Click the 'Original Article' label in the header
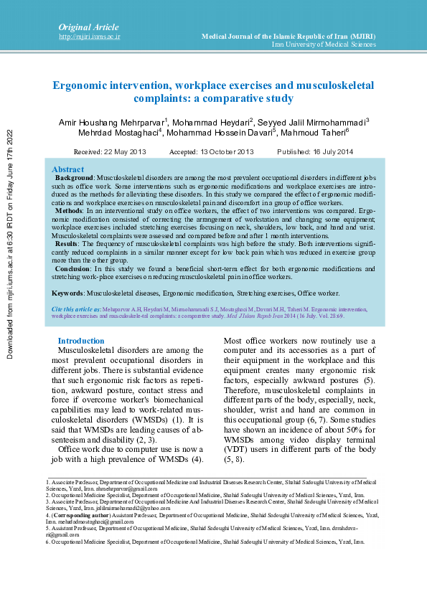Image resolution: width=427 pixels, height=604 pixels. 82,27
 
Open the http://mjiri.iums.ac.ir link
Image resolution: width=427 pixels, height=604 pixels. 89,36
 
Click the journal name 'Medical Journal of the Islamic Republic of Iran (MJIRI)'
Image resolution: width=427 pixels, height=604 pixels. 288,35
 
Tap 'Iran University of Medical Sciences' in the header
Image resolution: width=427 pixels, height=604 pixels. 324,44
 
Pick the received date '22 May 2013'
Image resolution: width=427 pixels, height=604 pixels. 125,152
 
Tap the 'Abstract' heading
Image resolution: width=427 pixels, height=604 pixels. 67,169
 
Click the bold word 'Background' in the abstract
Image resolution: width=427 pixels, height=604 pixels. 74,176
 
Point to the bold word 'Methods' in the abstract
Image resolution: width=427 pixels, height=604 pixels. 69,212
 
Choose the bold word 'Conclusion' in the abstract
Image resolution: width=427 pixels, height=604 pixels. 73,268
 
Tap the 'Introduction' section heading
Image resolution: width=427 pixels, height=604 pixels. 81,341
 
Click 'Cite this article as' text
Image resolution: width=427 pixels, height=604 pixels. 75,308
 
